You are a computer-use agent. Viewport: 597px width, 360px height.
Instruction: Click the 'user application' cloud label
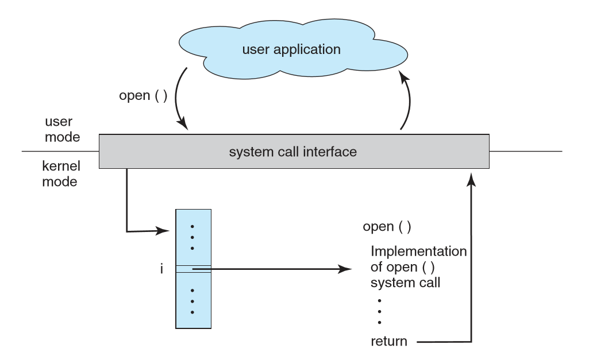(291, 49)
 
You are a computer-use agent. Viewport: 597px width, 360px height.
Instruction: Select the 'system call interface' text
(293, 152)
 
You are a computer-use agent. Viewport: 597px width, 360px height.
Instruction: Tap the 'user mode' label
(62, 130)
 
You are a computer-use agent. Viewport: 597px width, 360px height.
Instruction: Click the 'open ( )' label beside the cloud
(143, 95)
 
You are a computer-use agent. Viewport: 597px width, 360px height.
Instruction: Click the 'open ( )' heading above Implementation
(387, 226)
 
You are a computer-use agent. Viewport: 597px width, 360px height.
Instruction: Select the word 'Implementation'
(418, 251)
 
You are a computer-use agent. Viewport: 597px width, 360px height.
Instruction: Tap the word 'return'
(389, 341)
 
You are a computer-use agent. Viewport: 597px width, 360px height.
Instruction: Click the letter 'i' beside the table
(161, 269)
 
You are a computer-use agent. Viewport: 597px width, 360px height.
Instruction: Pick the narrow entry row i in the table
(193, 269)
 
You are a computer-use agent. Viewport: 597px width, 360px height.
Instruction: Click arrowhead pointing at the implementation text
(345, 269)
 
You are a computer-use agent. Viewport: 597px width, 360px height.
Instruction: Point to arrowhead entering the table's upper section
(164, 231)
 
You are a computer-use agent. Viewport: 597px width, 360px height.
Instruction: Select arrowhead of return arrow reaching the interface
(471, 180)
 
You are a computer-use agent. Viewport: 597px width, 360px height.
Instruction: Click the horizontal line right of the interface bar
(525, 152)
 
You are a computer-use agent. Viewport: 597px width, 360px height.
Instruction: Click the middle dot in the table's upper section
(192, 237)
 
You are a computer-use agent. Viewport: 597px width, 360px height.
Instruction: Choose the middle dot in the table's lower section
(192, 301)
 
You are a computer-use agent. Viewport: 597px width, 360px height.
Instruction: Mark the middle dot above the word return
(379, 312)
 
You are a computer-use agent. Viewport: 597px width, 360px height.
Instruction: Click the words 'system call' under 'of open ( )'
(405, 282)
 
